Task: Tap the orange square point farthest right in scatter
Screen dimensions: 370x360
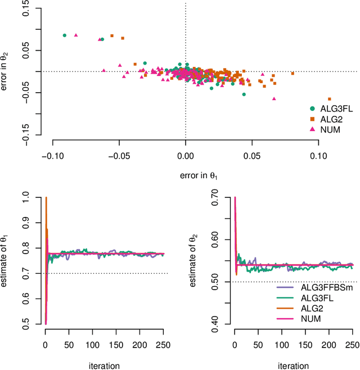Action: point(330,99)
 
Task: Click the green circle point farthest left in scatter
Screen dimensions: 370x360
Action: point(64,35)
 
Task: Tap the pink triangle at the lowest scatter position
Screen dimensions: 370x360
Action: point(274,98)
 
